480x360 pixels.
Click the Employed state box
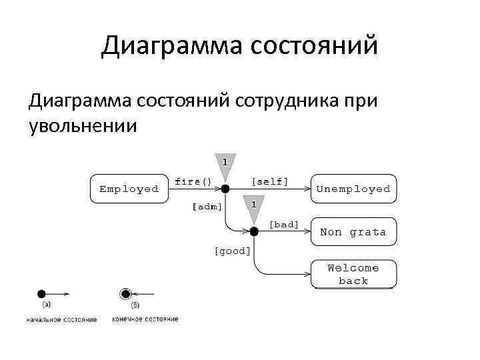(x=129, y=189)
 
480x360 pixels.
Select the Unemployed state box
(x=353, y=189)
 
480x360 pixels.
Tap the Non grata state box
(x=353, y=232)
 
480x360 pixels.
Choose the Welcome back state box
(x=353, y=274)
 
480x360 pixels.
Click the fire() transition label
(x=193, y=181)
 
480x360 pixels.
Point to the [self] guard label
(x=269, y=181)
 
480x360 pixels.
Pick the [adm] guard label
(x=207, y=207)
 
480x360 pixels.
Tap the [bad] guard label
(x=284, y=225)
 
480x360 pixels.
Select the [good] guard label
(x=232, y=251)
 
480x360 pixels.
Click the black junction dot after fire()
(x=225, y=189)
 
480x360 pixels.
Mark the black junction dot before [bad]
(x=253, y=232)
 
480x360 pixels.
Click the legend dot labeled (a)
(x=41, y=293)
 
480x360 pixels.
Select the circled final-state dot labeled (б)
(x=125, y=293)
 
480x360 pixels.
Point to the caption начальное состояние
(x=61, y=319)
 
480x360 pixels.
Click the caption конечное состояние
(x=145, y=319)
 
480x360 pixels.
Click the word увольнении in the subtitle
(x=83, y=125)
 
